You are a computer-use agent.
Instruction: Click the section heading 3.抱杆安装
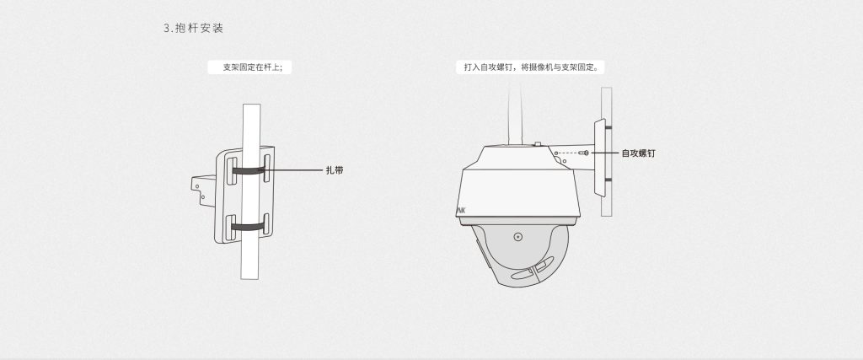click(x=193, y=28)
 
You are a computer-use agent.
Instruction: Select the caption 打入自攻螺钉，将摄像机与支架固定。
click(x=531, y=67)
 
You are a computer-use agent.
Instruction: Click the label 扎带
click(x=335, y=170)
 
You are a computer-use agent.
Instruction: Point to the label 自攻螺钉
click(x=639, y=153)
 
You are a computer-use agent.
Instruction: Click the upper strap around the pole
click(x=249, y=170)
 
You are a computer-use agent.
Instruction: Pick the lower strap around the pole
click(x=249, y=226)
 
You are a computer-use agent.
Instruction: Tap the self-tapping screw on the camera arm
click(x=586, y=153)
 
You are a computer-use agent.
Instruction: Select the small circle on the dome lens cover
click(x=518, y=237)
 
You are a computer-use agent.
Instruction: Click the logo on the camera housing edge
click(x=461, y=211)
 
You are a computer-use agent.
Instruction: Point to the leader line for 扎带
click(x=295, y=170)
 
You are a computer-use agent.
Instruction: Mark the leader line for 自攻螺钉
click(x=604, y=153)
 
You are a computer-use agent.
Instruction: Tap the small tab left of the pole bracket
click(x=203, y=191)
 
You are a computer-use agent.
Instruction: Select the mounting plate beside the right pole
click(x=600, y=158)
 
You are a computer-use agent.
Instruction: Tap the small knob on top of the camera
click(x=538, y=144)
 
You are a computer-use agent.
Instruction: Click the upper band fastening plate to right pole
click(x=608, y=127)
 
